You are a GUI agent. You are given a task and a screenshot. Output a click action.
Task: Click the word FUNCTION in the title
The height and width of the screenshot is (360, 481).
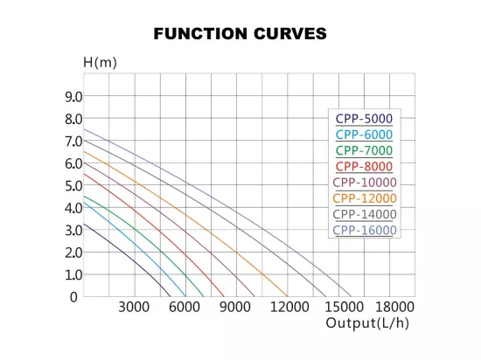point(200,33)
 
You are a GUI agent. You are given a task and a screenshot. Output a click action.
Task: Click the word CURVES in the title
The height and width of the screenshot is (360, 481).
point(290,33)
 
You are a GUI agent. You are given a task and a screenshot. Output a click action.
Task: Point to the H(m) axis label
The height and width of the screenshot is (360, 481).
point(100,63)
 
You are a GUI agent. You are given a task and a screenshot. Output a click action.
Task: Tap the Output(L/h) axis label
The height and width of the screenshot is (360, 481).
point(367,323)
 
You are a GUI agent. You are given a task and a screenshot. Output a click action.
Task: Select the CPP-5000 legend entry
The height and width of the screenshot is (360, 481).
point(364,119)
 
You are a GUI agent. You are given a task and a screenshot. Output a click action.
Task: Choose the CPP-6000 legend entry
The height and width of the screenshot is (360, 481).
point(364,135)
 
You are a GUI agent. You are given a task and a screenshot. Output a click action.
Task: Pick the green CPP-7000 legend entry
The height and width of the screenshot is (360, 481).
point(364,150)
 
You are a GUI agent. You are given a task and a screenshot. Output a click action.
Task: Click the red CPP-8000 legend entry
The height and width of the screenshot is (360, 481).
point(364,166)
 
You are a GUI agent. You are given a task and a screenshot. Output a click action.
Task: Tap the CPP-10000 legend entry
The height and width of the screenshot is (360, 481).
point(365,183)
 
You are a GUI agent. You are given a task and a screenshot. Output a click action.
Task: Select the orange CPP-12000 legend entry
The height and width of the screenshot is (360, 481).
point(365,198)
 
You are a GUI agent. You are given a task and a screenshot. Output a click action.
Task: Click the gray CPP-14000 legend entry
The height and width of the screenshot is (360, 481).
point(365,214)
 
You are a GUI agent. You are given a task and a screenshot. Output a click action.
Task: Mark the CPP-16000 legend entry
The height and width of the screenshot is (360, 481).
point(365,230)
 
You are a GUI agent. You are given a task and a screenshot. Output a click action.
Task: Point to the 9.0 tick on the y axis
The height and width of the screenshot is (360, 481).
point(73,97)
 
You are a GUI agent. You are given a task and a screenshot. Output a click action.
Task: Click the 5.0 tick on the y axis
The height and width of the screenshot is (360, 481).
point(73,185)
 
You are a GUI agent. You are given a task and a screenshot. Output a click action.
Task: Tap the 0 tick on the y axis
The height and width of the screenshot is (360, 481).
point(73,297)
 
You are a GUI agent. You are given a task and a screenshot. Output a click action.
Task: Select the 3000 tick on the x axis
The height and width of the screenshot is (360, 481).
point(134,307)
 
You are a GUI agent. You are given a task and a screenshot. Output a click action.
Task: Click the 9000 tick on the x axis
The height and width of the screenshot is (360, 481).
point(235,307)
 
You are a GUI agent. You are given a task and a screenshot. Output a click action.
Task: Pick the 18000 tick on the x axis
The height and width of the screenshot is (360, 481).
point(394,307)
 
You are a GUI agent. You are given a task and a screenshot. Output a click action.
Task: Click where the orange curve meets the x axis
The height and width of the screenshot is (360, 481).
point(287,296)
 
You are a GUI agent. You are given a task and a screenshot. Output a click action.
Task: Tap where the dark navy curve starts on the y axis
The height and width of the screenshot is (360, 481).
point(84,224)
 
